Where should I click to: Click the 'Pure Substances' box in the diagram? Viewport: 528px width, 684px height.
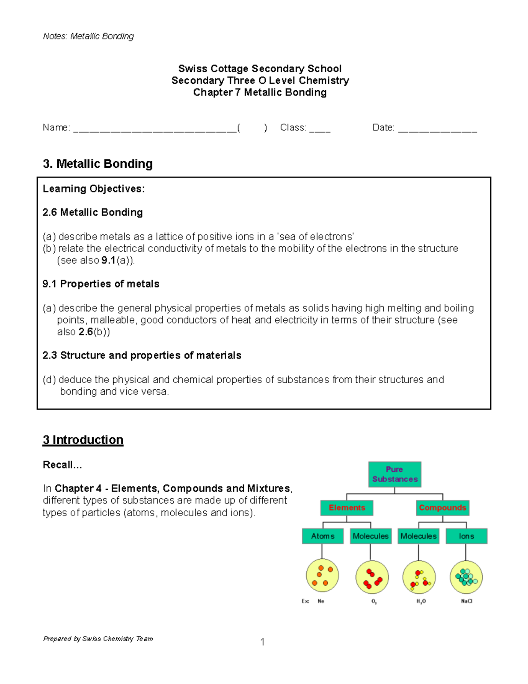(395, 474)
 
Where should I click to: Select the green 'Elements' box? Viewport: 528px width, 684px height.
(347, 508)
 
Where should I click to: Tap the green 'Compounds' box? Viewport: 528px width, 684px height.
(442, 508)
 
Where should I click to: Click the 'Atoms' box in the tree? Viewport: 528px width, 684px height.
(323, 536)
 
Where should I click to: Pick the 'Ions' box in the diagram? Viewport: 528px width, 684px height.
(466, 536)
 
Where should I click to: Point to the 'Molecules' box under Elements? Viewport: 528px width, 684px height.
(370, 536)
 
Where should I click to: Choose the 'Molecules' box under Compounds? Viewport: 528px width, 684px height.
(418, 536)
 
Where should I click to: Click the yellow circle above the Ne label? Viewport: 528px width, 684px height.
(323, 575)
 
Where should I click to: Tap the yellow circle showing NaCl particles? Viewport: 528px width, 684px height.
(466, 577)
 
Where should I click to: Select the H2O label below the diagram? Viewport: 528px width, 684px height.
(421, 601)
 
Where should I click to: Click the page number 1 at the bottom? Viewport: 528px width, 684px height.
(263, 642)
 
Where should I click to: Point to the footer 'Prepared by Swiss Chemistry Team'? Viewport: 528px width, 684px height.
(98, 639)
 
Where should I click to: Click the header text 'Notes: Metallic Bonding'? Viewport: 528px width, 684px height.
(88, 36)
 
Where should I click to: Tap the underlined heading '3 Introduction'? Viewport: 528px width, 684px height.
(83, 440)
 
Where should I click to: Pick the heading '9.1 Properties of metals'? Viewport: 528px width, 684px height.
(101, 284)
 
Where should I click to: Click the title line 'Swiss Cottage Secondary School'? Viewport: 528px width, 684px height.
(260, 69)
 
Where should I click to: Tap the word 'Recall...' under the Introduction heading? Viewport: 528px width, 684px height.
(62, 465)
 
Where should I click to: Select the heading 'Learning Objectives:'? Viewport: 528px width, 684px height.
(94, 189)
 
